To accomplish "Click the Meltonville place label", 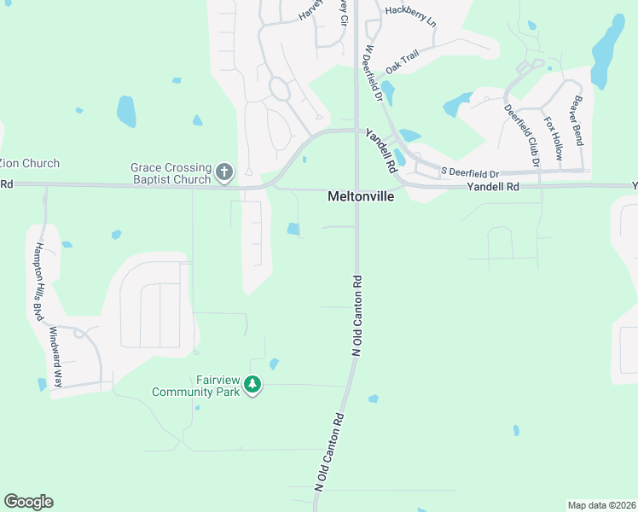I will [362, 196].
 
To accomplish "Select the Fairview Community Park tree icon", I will [252, 386].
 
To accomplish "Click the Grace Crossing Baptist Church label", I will [171, 173].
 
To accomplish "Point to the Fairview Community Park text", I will [191, 386].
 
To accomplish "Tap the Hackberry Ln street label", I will [410, 14].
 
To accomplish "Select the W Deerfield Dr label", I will [373, 74].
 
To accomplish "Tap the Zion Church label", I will [29, 164].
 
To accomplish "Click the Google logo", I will [28, 502].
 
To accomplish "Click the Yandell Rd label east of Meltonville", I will [493, 186].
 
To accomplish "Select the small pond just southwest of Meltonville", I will [293, 229].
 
